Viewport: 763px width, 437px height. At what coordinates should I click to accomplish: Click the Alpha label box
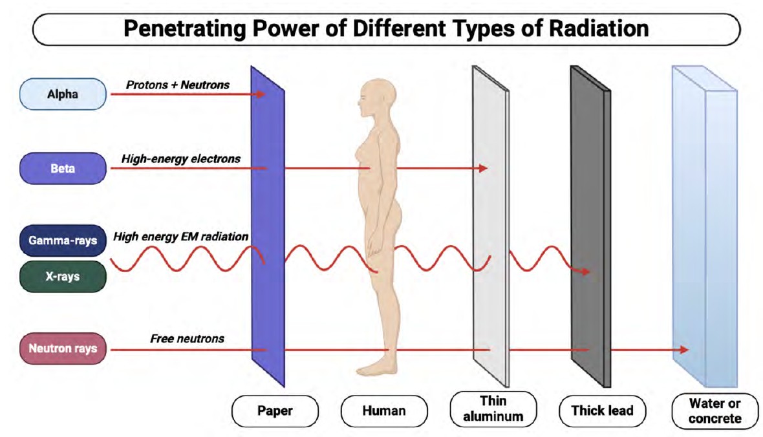(x=63, y=94)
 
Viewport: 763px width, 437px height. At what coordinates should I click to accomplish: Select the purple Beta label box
(x=63, y=169)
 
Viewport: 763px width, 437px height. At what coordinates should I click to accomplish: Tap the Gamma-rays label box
(x=63, y=240)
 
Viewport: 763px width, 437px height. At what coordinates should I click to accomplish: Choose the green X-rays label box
(x=63, y=276)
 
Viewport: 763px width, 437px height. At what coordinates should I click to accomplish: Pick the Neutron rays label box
(x=63, y=348)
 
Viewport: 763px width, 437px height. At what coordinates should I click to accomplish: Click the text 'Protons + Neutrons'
(x=178, y=84)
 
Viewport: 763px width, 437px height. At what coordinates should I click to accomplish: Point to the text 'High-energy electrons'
(x=181, y=158)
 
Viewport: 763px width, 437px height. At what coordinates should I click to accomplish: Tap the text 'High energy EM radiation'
(x=180, y=237)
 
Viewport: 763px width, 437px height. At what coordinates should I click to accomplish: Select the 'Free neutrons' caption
(x=188, y=338)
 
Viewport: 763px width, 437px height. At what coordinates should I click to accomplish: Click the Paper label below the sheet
(x=275, y=410)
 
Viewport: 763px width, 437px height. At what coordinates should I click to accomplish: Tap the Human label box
(x=384, y=410)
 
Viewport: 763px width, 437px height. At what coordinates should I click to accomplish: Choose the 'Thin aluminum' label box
(x=493, y=409)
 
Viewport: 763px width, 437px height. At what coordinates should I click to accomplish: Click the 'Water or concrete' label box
(x=715, y=410)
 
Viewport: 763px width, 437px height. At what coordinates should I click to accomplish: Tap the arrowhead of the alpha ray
(x=261, y=94)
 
